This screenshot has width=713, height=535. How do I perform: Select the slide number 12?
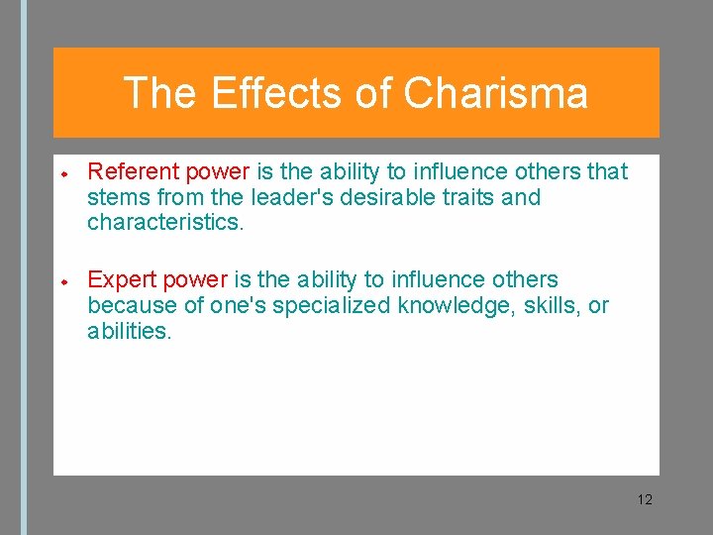pos(645,499)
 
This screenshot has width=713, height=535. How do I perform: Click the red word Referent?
pos(130,171)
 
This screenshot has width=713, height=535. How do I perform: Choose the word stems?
pos(116,197)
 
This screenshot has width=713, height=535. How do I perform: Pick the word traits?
pos(465,197)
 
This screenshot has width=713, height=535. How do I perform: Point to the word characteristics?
pos(164,222)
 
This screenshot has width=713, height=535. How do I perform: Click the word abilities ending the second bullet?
pos(129,331)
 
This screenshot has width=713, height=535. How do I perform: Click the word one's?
pos(231,305)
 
